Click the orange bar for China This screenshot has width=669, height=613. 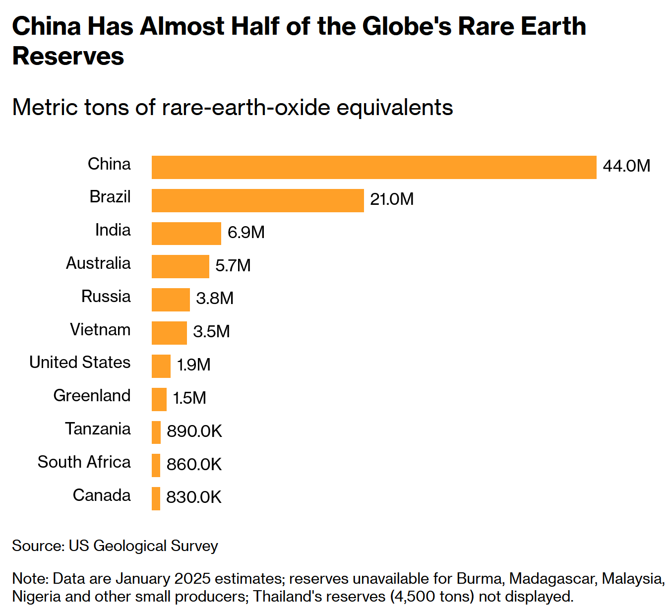point(374,167)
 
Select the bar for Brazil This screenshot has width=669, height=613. point(257,200)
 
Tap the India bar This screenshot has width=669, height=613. point(186,233)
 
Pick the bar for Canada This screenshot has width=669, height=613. point(156,498)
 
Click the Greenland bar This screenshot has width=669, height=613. point(159,399)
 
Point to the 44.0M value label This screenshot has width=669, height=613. point(626,166)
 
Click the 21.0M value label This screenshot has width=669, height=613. point(392,199)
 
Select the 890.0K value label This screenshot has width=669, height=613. point(194,431)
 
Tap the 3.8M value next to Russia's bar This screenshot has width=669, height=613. point(215,298)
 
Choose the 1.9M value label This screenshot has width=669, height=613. point(194,365)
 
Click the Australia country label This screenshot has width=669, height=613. point(98,263)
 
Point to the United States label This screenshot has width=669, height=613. point(80,362)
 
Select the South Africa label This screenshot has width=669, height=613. point(84,462)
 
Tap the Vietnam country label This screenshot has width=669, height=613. point(100,329)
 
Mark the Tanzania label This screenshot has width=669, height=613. point(98,429)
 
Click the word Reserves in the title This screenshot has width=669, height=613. point(68,56)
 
